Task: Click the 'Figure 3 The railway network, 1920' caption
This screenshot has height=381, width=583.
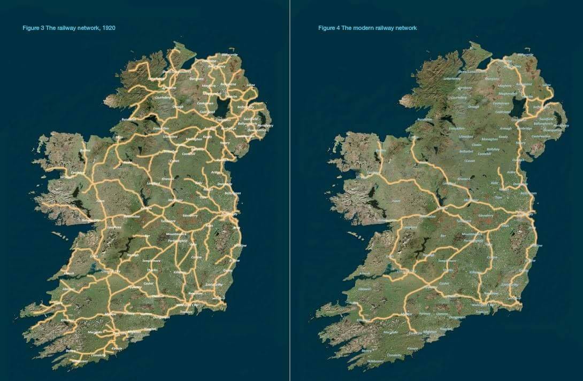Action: click(68, 28)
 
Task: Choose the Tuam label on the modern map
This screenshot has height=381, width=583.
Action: click(396, 201)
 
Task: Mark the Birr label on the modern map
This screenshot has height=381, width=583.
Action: click(442, 235)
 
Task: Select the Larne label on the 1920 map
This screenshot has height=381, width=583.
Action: click(251, 85)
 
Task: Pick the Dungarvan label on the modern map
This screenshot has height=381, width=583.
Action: click(457, 317)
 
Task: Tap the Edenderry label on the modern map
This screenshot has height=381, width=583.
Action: click(486, 215)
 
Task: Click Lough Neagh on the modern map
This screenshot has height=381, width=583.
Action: click(517, 107)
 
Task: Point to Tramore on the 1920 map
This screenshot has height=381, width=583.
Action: click(186, 312)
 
